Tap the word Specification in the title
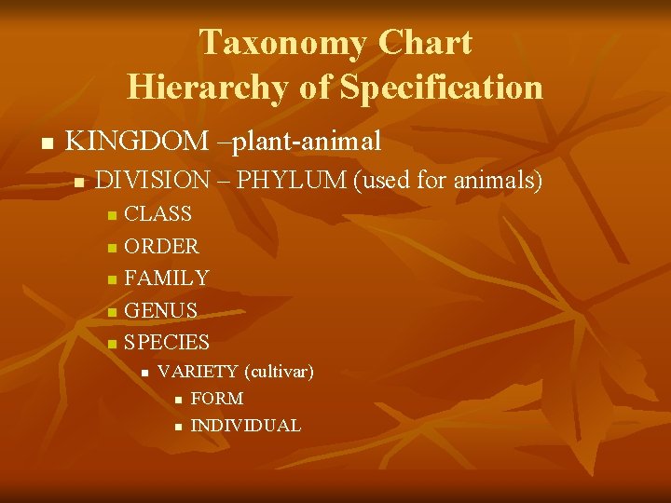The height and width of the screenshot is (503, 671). tap(441, 87)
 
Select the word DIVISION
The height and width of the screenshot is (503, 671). tap(153, 180)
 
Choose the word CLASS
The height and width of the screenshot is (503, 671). tap(158, 214)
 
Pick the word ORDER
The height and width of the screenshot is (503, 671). tap(161, 247)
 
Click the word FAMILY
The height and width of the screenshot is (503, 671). tap(166, 278)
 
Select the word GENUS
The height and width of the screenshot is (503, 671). tap(160, 310)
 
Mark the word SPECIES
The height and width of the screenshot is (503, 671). tap(167, 342)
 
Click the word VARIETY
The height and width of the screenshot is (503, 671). tap(198, 372)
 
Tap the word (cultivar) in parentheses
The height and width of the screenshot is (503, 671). tap(279, 372)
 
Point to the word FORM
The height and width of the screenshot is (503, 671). tap(216, 399)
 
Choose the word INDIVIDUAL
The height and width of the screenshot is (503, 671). tap(245, 426)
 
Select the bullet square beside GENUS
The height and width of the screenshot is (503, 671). tap(111, 311)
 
